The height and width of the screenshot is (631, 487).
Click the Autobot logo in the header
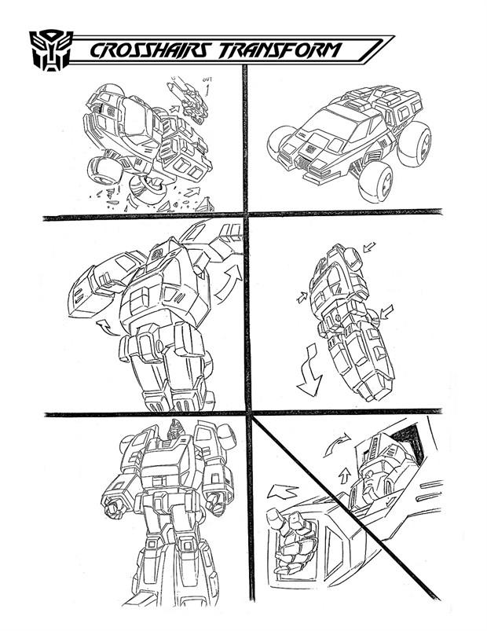tap(51, 50)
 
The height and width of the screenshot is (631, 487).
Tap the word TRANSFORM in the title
tap(279, 51)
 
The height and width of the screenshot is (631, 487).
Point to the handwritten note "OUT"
tap(207, 79)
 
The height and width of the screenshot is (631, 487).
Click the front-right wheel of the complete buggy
tap(375, 182)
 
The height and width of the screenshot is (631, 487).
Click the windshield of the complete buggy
tap(331, 122)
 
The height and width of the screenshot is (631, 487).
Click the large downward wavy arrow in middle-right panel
tap(309, 370)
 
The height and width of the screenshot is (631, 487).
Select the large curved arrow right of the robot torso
tap(229, 284)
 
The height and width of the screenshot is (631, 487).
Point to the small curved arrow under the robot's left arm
tap(106, 327)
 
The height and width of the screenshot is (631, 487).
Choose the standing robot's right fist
tap(115, 508)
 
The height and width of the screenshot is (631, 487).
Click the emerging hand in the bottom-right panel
tap(291, 541)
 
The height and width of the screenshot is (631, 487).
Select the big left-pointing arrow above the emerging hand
tap(282, 492)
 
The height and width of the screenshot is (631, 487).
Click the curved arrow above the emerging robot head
tap(336, 444)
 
